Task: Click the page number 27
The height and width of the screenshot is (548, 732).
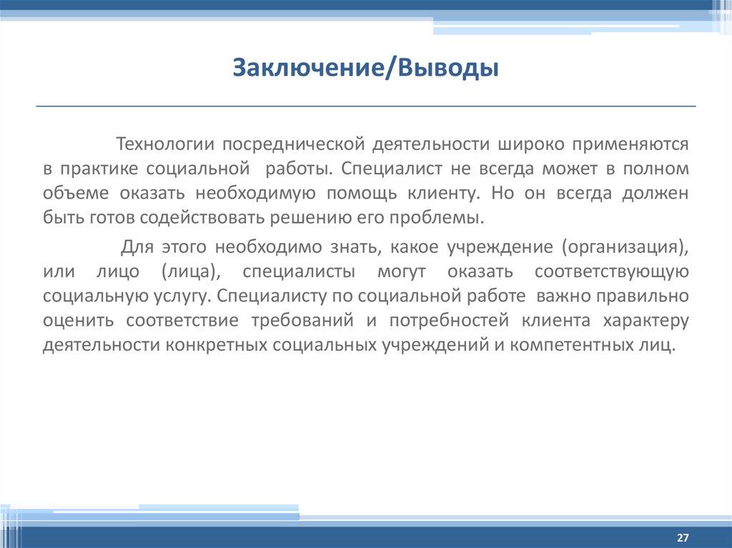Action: [682, 537]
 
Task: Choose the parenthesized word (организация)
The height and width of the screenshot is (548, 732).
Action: [625, 247]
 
